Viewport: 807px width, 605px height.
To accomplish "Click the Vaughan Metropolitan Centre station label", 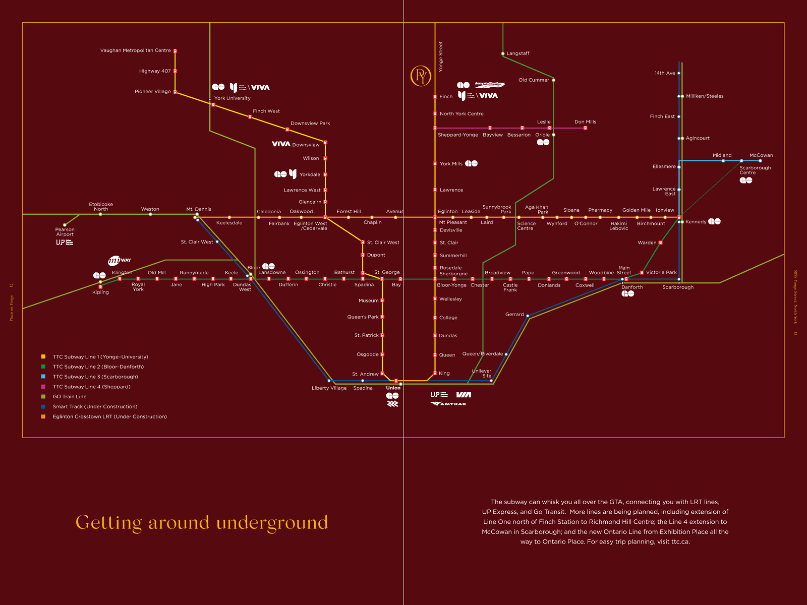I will pos(135,50).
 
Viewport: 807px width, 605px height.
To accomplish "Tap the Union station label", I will pos(393,388).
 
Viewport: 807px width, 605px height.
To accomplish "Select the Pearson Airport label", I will pos(65,232).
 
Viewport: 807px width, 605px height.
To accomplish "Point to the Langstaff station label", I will pos(517,53).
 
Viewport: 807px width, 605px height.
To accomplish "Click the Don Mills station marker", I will pos(585,128).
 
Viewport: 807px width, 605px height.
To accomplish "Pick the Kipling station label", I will pos(100,292).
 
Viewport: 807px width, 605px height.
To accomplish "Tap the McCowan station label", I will pos(761,155).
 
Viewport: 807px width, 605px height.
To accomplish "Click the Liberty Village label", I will pos(329,388).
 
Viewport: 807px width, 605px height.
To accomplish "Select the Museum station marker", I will pos(382,300).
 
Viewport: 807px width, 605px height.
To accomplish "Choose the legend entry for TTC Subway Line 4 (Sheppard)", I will pos(91,387).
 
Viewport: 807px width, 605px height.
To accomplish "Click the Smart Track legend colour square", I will pos(43,406).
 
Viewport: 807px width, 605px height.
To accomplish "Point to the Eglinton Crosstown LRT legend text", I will pos(109,416).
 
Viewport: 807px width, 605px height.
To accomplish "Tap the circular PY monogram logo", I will pos(421,76).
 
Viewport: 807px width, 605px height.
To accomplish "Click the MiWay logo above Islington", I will pos(119,260).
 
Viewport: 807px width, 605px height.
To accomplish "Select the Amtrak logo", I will pos(448,404).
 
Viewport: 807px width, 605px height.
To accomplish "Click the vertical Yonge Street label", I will pos(440,56).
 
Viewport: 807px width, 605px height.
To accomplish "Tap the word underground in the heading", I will pos(272,523).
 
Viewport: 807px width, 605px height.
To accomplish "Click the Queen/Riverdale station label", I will pos(482,354).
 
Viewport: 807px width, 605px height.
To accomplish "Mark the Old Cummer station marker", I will pos(553,80).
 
